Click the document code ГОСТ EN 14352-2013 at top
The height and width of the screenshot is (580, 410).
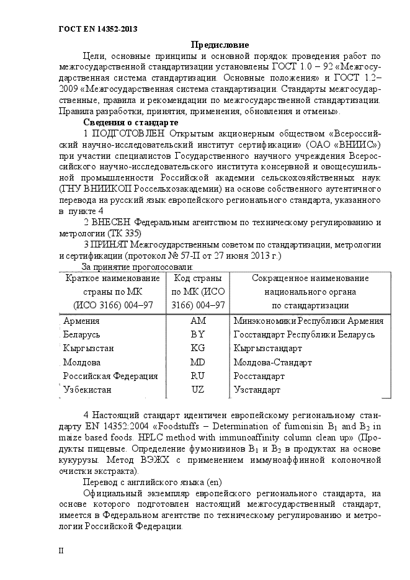[x=97, y=29]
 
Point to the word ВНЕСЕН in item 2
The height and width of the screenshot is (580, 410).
[x=112, y=223]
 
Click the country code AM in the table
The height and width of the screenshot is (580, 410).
[x=198, y=321]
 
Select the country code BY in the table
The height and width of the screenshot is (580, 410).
[x=198, y=334]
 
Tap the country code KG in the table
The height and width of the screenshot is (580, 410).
[x=198, y=348]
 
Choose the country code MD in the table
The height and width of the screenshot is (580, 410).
[x=198, y=362]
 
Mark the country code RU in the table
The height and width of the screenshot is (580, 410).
[x=198, y=376]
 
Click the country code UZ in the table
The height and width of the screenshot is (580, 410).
[x=198, y=390]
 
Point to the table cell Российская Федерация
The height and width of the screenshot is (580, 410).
[x=110, y=376]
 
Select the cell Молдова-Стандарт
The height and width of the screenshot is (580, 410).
[x=272, y=362]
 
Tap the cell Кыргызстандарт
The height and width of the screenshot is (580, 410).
[x=268, y=348]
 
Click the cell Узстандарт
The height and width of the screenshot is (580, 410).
[x=257, y=390]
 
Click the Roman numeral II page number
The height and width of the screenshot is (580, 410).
[x=61, y=550]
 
